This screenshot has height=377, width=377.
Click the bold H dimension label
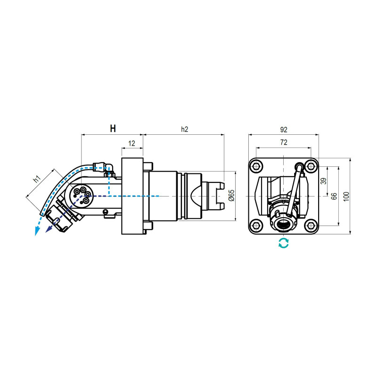[113, 129]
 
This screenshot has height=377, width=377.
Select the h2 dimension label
[185, 129]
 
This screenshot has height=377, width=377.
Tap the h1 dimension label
[37, 180]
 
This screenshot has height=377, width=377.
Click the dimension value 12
[131, 143]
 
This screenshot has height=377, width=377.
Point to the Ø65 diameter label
[231, 196]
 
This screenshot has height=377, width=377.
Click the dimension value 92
[283, 129]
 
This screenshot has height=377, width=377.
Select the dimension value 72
[283, 141]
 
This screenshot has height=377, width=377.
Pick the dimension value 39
[323, 181]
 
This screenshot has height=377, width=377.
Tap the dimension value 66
[334, 196]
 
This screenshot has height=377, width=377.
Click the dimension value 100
[346, 196]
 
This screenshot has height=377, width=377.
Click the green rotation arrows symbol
[283, 243]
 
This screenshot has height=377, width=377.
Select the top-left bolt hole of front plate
[256, 166]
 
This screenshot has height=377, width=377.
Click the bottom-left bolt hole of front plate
[256, 226]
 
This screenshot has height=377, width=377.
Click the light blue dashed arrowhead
[36, 230]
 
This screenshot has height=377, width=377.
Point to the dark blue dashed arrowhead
[48, 229]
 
